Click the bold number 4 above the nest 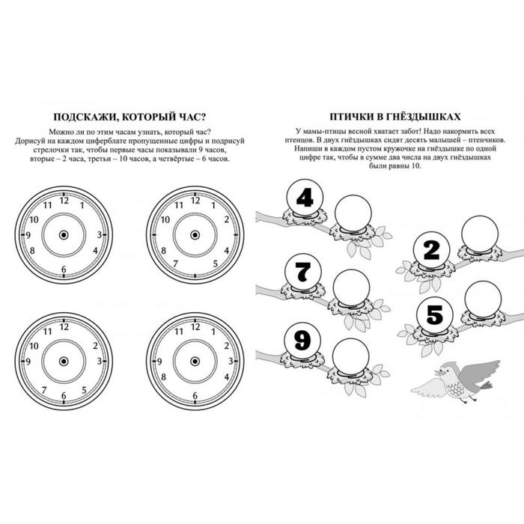305,198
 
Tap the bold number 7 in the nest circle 303,272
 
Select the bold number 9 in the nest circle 302,341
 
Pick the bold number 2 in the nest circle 431,250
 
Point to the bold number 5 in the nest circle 434,315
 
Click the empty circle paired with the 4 353,213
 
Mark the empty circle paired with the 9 351,356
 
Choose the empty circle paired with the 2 480,234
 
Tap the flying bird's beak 437,372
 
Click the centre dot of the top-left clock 64,235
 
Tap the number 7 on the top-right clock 175,264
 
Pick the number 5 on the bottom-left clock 84,390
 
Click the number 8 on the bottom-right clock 163,377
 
